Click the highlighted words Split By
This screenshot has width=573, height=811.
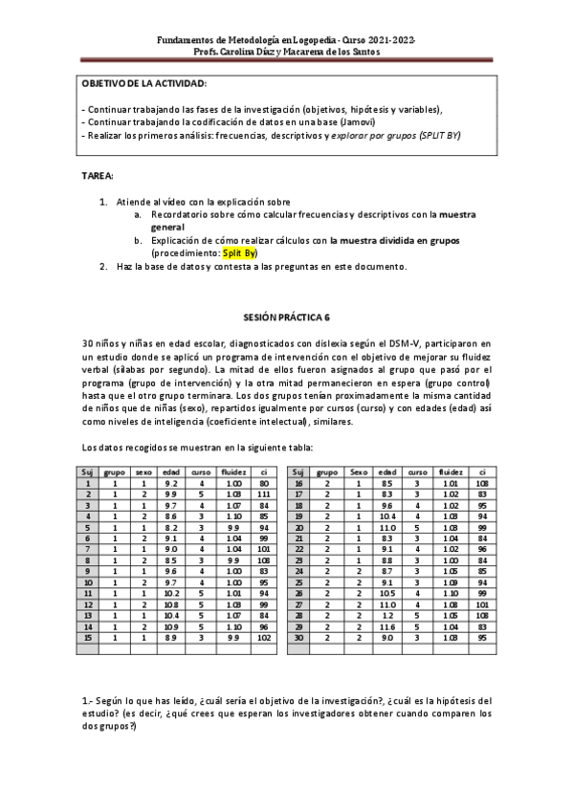(x=239, y=253)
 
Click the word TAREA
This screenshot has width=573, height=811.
(x=99, y=177)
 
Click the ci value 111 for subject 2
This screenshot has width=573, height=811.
(x=265, y=494)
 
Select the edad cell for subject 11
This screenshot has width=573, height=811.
(x=170, y=592)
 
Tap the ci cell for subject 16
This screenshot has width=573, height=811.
(x=484, y=484)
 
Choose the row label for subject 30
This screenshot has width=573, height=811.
(x=299, y=636)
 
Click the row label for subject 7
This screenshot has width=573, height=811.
(x=87, y=549)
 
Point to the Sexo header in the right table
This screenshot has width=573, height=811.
(x=358, y=472)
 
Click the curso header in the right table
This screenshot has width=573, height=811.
(x=417, y=472)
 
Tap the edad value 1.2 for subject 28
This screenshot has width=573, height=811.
(x=386, y=614)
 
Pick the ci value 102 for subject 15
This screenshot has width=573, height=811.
(x=265, y=636)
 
